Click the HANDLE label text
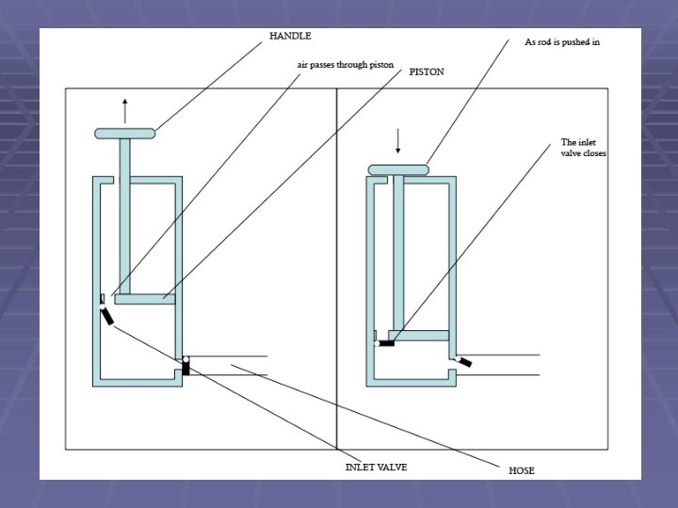point(290,36)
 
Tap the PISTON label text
point(427,71)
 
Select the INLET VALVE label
point(376,467)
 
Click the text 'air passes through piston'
point(339,67)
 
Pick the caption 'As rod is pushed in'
point(561,42)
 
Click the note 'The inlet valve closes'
point(584,148)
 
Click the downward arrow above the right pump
point(397,141)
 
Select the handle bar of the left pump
point(129,134)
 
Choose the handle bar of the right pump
point(397,169)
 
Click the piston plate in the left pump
point(146,299)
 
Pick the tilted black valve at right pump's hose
point(464,362)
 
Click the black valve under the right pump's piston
point(385,343)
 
